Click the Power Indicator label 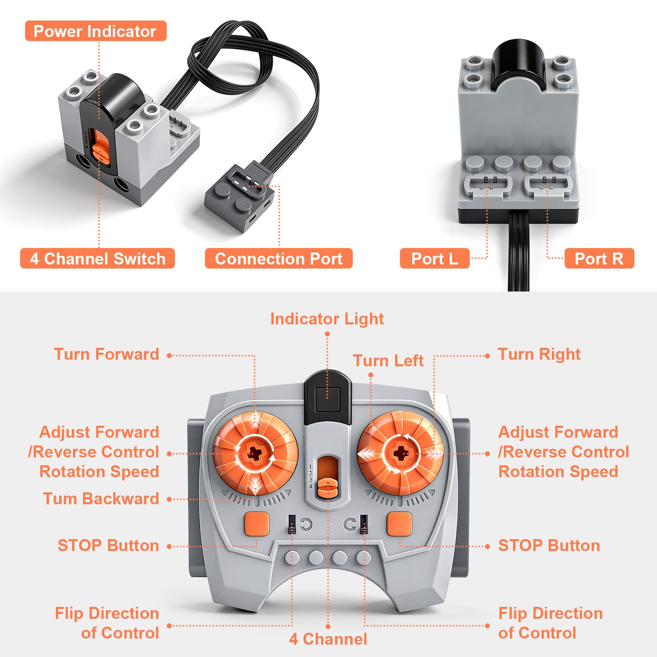pos(96,31)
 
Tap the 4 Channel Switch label pos(98,259)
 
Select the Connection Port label pos(279,259)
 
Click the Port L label pos(434,259)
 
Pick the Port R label pos(599,259)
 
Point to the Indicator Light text pos(327,319)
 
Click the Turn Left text pos(388,361)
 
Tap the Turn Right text pos(539,354)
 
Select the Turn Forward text pos(107,354)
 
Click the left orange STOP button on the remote pos(257,524)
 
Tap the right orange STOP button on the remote pos(400,524)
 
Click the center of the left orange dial pos(255,454)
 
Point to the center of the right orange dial pos(400,453)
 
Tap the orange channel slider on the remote pos(328,488)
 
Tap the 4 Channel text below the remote pos(328,639)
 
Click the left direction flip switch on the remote pos(292,524)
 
